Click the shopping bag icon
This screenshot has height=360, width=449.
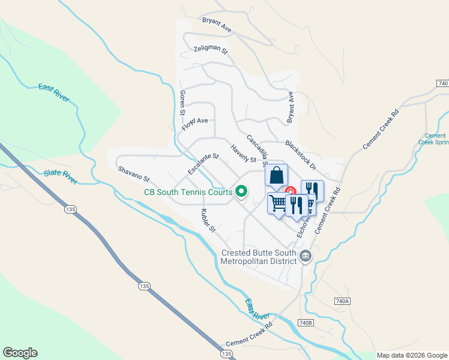click(x=276, y=176)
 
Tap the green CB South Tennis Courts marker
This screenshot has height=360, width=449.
click(x=242, y=192)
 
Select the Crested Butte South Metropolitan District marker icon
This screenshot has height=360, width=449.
click(x=306, y=257)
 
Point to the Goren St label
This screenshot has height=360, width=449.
click(x=181, y=103)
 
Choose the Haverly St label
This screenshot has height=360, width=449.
click(x=243, y=154)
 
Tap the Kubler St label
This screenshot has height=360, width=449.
click(x=208, y=221)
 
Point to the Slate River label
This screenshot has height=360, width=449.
click(x=60, y=177)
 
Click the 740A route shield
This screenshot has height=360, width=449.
click(x=342, y=300)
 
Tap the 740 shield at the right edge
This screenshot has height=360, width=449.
click(x=443, y=84)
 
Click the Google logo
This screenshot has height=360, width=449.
click(x=20, y=353)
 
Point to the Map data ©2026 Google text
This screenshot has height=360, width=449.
click(x=411, y=355)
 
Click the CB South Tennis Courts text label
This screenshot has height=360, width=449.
click(x=188, y=193)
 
